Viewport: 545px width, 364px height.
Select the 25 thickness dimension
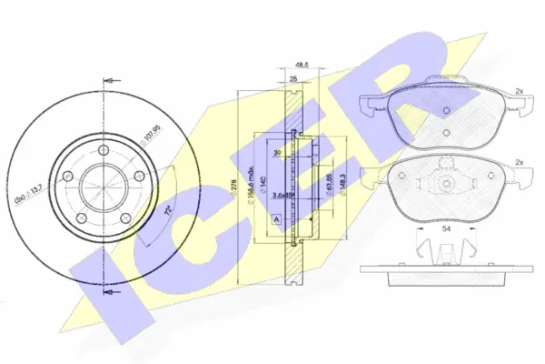point(292,80)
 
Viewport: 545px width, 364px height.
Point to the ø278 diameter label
point(238,190)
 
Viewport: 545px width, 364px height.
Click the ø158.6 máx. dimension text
point(249,190)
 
